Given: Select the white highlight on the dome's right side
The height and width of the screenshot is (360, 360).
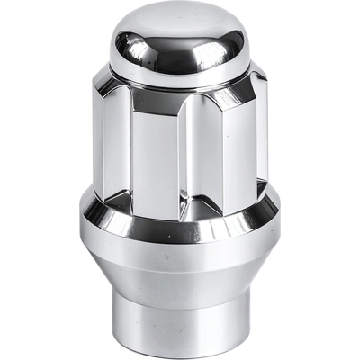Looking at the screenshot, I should click(x=236, y=45).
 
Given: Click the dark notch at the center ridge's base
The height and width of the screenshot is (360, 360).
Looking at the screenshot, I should click(x=184, y=205).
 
